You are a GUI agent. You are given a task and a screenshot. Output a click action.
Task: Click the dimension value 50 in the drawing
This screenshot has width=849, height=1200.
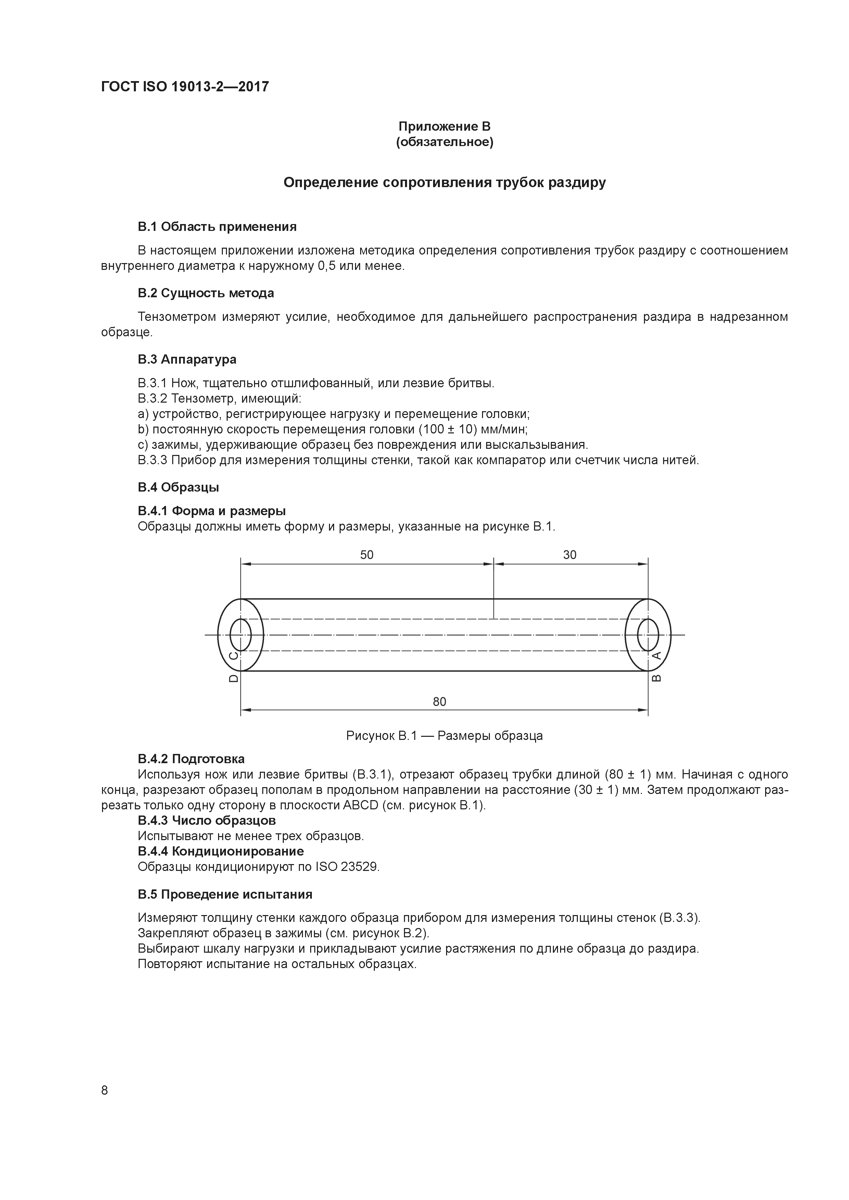point(367,555)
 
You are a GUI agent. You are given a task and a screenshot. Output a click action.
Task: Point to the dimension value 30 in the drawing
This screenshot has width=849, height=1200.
point(570,555)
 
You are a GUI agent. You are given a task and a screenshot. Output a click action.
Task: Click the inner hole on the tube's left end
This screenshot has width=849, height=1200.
point(241,635)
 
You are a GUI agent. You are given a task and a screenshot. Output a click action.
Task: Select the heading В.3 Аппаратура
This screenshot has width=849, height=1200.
point(187,360)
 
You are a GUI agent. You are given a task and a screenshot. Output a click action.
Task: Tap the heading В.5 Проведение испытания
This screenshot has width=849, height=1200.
point(225,894)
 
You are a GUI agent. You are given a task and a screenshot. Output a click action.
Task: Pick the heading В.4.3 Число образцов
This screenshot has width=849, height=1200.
point(207,821)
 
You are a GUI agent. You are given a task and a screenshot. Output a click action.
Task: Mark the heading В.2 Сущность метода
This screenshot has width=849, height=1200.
point(206,293)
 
